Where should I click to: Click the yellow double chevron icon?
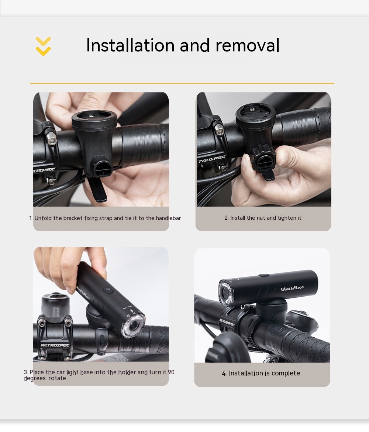(x=44, y=46)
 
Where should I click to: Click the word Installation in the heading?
(x=130, y=45)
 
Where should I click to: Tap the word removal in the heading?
(x=248, y=45)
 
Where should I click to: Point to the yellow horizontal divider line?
(x=182, y=83)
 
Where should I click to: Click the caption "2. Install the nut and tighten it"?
(x=263, y=218)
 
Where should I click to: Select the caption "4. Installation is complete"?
(x=261, y=373)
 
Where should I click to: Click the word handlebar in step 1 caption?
(x=168, y=218)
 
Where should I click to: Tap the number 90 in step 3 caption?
(x=171, y=372)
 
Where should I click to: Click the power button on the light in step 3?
(x=108, y=290)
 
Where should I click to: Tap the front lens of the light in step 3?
(x=133, y=326)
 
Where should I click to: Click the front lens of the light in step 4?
(x=226, y=293)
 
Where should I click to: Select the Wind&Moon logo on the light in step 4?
(x=292, y=288)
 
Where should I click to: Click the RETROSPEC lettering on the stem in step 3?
(x=55, y=345)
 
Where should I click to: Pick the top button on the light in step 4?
(x=264, y=275)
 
